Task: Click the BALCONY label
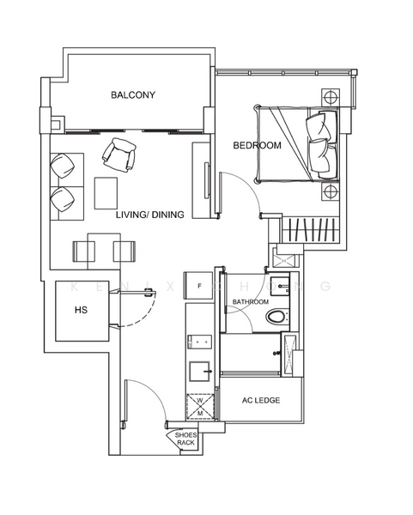click(x=132, y=95)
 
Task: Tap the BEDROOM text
click(x=257, y=146)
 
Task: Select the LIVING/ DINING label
click(x=149, y=215)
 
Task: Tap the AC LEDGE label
click(x=261, y=401)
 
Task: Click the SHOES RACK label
click(x=186, y=439)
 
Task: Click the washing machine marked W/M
click(x=200, y=406)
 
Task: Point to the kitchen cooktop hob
click(x=201, y=342)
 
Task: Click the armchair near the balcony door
click(x=118, y=155)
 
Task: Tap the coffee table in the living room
click(x=107, y=191)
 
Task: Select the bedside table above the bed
click(x=330, y=98)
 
